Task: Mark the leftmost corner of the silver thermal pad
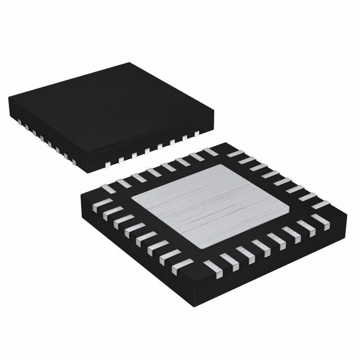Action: (130, 201)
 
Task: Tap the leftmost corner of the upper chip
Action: (8, 99)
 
